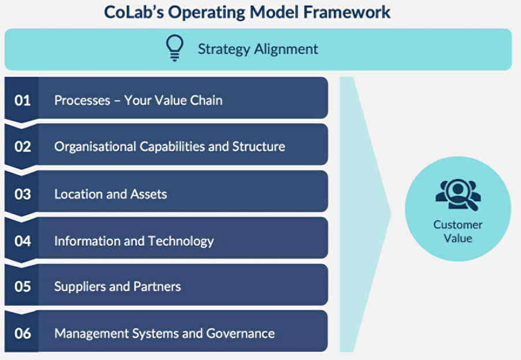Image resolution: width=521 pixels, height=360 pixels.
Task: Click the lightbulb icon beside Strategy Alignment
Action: (x=174, y=48)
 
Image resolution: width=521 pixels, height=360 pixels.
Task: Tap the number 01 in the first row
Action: (x=23, y=100)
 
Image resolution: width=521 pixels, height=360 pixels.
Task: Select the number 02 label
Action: (x=23, y=146)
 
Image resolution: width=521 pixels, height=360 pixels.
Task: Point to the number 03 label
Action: (x=23, y=194)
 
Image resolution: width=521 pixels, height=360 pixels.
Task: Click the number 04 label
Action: (x=23, y=240)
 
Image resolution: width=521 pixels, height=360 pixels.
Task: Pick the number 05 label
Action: (x=23, y=286)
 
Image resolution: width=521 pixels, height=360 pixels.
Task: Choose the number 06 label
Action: (x=23, y=333)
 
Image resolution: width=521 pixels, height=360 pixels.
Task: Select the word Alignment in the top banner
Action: (x=288, y=49)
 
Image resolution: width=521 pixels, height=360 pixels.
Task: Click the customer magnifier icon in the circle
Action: (x=458, y=196)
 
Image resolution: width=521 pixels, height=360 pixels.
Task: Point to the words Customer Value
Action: (x=458, y=231)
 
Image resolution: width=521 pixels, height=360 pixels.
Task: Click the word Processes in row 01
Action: (x=82, y=100)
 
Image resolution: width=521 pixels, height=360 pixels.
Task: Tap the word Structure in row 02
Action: (x=258, y=146)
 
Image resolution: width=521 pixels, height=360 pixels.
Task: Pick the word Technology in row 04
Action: (x=181, y=240)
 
